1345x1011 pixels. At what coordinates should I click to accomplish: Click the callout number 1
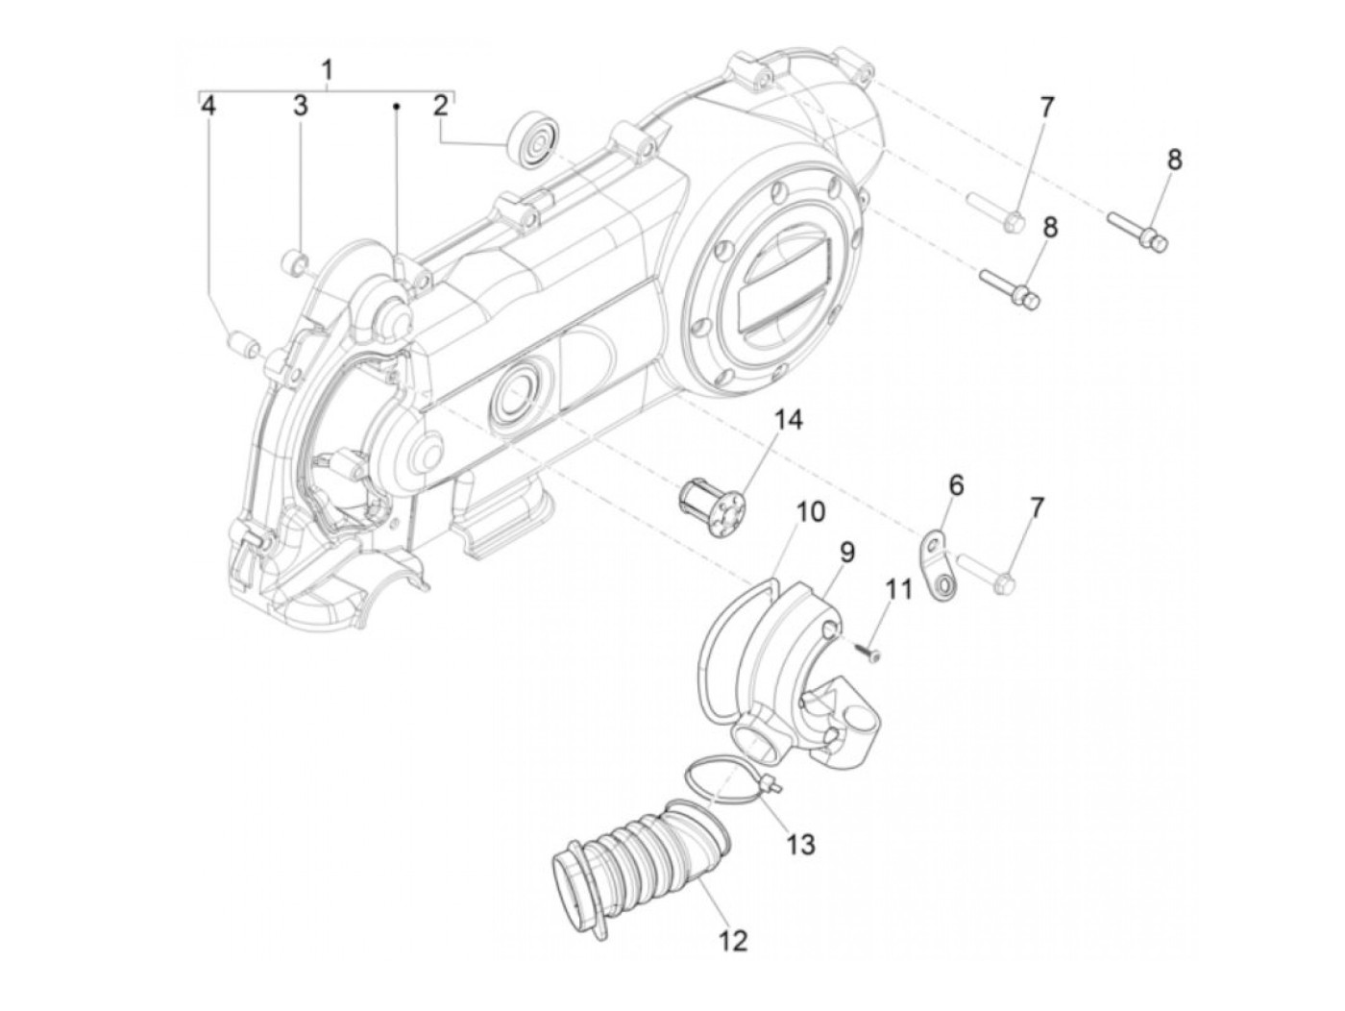328,69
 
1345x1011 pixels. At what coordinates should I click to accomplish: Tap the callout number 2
440,106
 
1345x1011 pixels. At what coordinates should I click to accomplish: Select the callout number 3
301,106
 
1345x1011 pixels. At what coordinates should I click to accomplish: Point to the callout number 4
208,106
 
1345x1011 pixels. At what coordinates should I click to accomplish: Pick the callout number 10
810,511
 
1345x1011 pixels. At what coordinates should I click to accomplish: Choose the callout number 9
846,552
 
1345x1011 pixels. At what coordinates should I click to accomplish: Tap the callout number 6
956,485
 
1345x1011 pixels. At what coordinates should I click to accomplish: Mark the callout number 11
897,588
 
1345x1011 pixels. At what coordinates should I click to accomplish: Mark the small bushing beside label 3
294,260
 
